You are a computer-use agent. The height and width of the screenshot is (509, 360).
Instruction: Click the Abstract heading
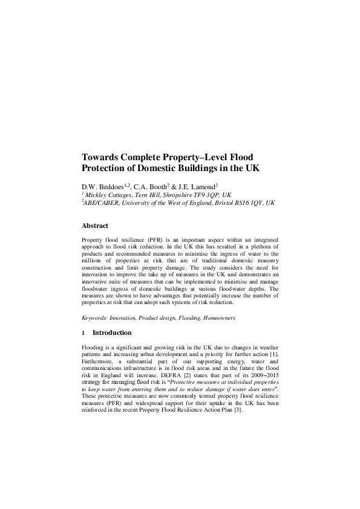click(x=95, y=226)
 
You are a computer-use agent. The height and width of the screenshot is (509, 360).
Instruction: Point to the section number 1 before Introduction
click(x=83, y=332)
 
